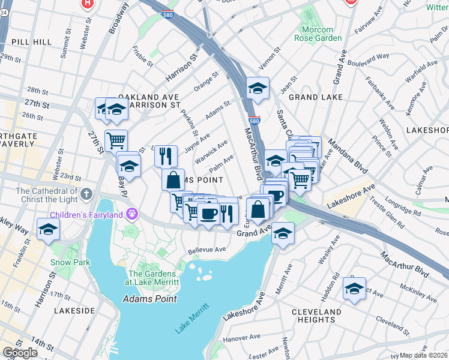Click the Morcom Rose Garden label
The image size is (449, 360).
pyautogui.click(x=318, y=34)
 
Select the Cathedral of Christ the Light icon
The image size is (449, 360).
pyautogui.click(x=87, y=194)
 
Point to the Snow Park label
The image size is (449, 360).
pyautogui.click(x=70, y=262)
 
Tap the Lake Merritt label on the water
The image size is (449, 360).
pyautogui.click(x=191, y=318)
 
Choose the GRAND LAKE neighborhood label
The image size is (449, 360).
pyautogui.click(x=316, y=97)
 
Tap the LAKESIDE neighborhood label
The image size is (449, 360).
pyautogui.click(x=74, y=311)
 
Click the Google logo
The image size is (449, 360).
pyautogui.click(x=20, y=353)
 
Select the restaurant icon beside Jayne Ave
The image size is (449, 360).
pyautogui.click(x=166, y=155)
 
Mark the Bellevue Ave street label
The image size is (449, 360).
pyautogui.click(x=206, y=250)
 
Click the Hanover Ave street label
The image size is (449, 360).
pyautogui.click(x=240, y=338)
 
